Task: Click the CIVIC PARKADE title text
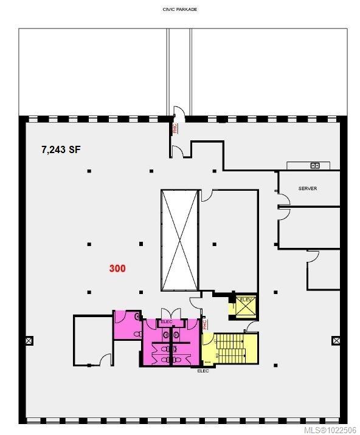coord(179,10)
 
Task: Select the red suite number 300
coord(117,268)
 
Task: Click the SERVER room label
coord(308,188)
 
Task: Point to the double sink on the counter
coord(315,165)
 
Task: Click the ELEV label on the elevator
coord(246,300)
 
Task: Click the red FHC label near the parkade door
coord(175,128)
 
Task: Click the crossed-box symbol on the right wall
coord(334,341)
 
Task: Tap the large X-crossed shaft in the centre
coord(180,240)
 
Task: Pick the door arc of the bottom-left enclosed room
coord(106,360)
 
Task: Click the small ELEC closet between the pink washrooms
coord(166,322)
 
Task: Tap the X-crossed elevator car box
coord(246,309)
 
